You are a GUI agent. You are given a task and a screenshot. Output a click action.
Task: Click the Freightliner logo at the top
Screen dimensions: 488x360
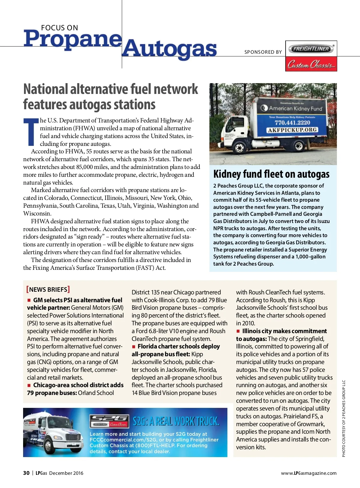pos(311,49)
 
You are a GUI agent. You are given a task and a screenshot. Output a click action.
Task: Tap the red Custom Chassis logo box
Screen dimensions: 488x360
pos(311,64)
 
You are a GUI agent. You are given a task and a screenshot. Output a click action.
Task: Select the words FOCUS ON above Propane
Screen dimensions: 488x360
pos(59,28)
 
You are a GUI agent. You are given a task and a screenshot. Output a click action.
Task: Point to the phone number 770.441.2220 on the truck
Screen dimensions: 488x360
pos(292,123)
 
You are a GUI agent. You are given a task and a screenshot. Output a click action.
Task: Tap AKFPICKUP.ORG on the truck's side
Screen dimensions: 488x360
pos(292,130)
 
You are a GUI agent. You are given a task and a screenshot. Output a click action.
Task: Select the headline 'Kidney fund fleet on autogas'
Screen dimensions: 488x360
pos(271,174)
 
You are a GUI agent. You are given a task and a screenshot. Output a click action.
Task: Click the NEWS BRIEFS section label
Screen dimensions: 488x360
pos(48,289)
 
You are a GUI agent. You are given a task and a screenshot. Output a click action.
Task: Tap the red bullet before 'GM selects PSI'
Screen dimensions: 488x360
pos(29,300)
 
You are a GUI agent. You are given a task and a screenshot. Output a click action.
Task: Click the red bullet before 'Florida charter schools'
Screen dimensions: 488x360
pos(134,347)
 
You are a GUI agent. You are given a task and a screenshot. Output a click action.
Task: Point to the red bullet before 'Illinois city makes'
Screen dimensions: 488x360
pos(238,331)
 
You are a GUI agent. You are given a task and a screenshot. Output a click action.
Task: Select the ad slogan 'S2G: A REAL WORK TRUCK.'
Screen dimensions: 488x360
pos(176,421)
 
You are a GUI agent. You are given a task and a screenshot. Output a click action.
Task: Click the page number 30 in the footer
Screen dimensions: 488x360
pos(26,473)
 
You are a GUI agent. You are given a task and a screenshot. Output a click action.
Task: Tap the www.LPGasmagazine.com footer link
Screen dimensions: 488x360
pos(309,473)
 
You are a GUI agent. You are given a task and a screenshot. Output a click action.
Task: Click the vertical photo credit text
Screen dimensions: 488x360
pos(344,419)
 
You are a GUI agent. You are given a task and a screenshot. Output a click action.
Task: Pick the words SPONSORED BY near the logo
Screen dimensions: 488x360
pos(263,52)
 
